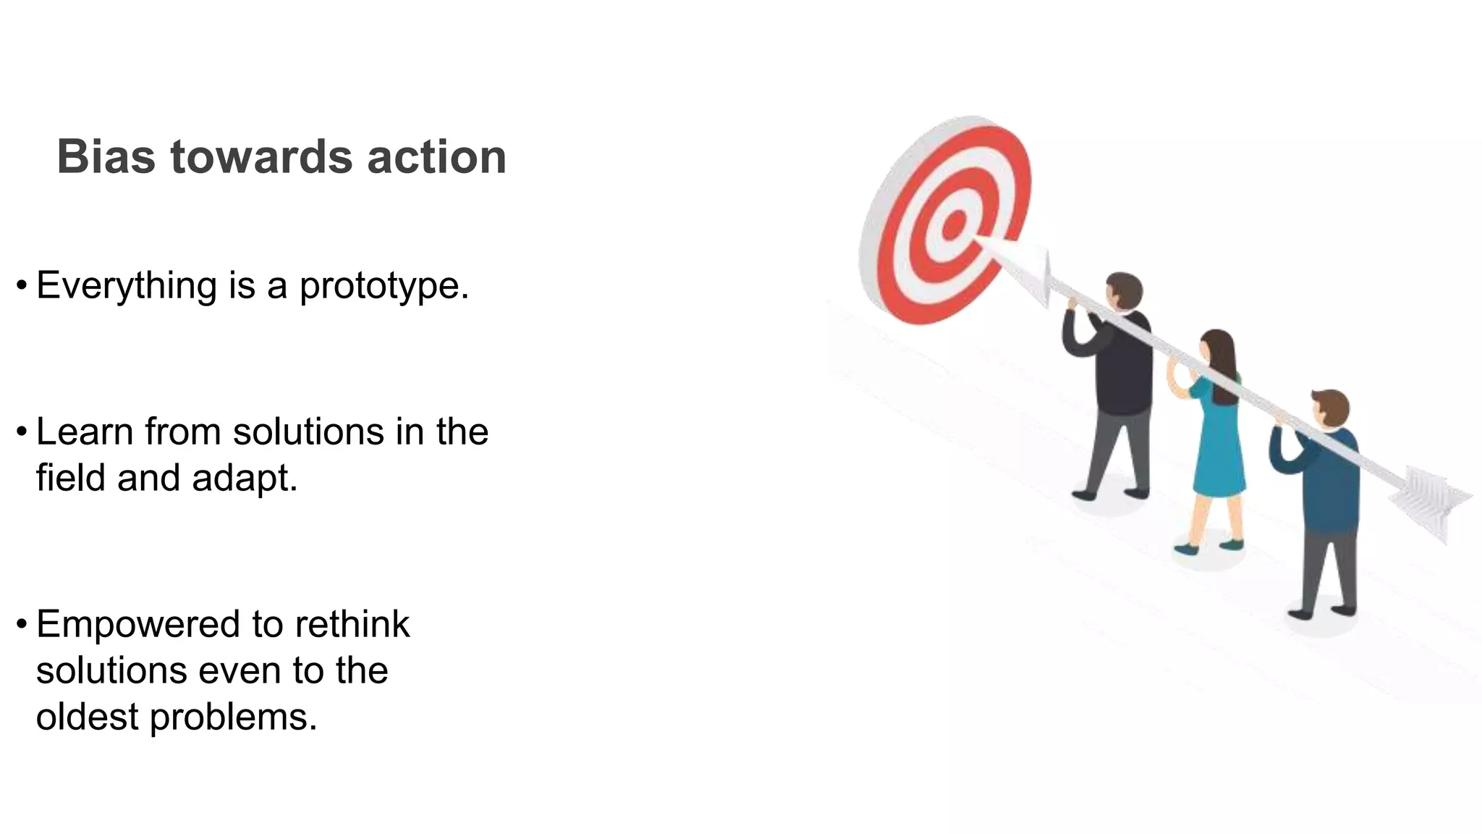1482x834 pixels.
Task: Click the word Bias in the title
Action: pos(106,156)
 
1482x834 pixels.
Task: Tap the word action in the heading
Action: pos(436,156)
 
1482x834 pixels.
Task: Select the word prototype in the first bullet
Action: pos(384,286)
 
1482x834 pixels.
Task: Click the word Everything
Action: pos(127,286)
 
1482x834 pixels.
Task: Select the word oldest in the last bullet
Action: pos(87,717)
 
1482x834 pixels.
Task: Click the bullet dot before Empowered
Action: pos(22,622)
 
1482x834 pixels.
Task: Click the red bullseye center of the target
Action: pos(954,224)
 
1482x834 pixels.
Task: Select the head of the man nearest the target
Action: pos(1124,292)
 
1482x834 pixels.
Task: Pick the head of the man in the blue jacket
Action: pos(1330,409)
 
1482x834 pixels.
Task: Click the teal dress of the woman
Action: pos(1219,449)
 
